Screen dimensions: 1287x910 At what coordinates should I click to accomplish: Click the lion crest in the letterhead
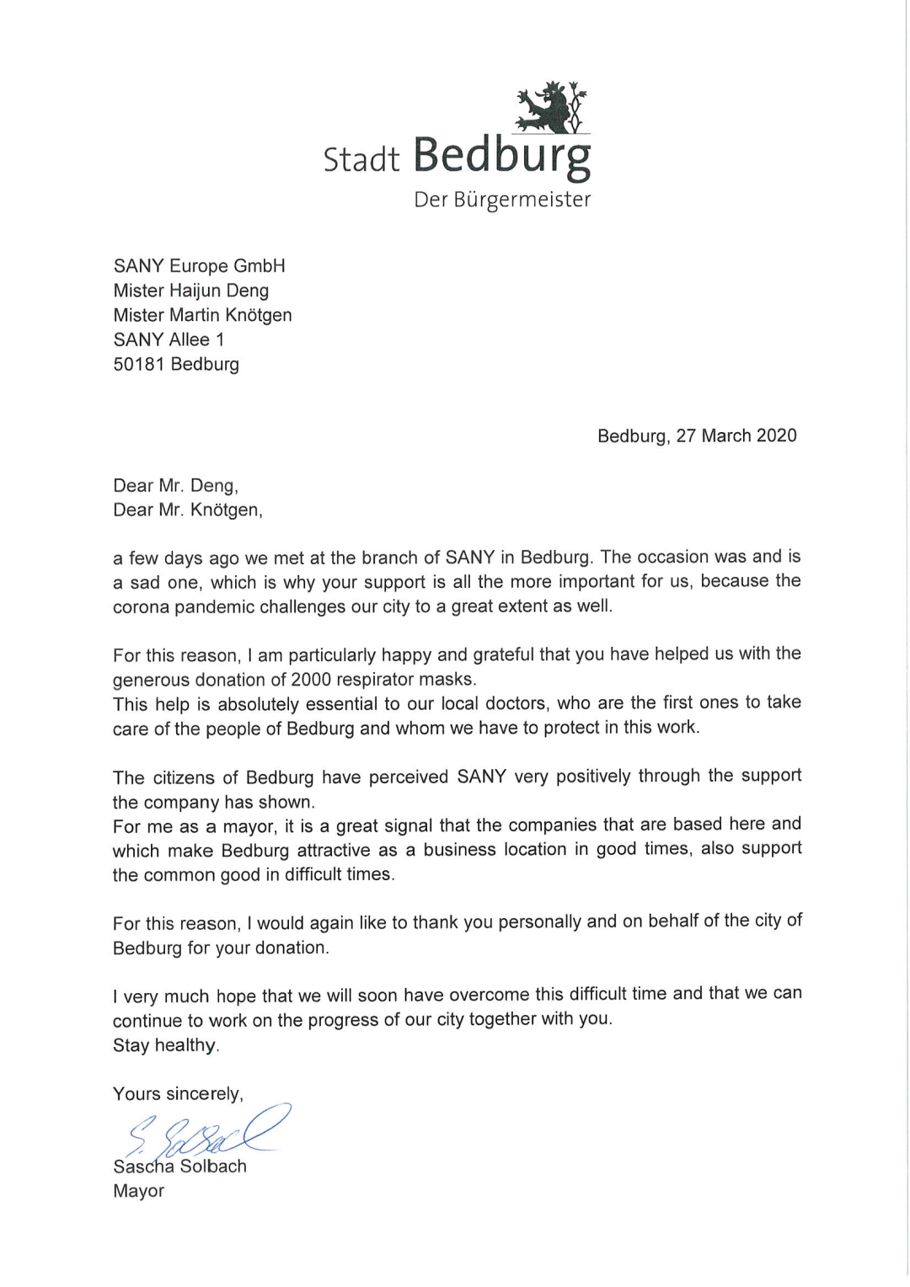tap(552, 108)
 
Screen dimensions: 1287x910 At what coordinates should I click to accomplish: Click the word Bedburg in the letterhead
tap(502, 156)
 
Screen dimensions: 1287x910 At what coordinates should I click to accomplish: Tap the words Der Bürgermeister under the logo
tap(502, 200)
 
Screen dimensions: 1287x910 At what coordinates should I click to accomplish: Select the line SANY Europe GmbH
tap(200, 266)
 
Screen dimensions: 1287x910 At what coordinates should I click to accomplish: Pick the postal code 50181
tap(139, 364)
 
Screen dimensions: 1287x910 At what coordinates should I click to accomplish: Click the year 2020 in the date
tap(776, 435)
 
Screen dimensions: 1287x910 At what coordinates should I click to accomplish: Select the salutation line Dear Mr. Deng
tap(176, 485)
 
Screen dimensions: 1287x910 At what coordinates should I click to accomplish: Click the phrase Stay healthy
tap(166, 1045)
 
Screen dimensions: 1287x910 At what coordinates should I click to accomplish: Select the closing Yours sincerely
tap(178, 1093)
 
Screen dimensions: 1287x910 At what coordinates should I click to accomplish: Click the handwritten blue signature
tap(206, 1131)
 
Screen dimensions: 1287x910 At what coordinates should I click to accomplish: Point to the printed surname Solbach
tap(213, 1167)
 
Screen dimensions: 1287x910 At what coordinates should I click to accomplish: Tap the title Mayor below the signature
tap(139, 1191)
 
